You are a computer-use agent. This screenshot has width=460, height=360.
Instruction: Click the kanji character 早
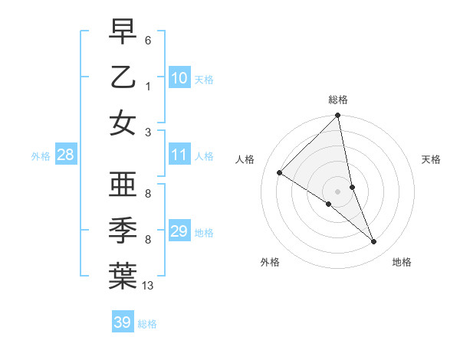pyautogui.click(x=123, y=32)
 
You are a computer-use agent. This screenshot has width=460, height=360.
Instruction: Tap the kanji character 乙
pyautogui.click(x=123, y=77)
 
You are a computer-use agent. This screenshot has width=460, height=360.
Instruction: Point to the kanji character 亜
pyautogui.click(x=123, y=185)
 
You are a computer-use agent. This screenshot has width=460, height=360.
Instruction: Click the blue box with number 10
pyautogui.click(x=179, y=77)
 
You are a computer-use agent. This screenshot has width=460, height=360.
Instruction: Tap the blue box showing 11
pyautogui.click(x=179, y=155)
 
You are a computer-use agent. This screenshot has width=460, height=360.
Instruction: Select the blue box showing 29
pyautogui.click(x=179, y=231)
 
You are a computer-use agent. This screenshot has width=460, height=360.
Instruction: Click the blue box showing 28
pyautogui.click(x=66, y=155)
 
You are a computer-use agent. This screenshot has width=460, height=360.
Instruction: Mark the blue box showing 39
pyautogui.click(x=123, y=322)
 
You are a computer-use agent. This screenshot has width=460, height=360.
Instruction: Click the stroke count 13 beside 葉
pyautogui.click(x=148, y=286)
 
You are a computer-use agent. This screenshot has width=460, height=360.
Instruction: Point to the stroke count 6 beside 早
pyautogui.click(x=148, y=40)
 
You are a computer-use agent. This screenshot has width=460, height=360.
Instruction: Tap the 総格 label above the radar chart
pyautogui.click(x=338, y=100)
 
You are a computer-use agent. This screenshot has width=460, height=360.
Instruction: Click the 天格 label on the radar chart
pyautogui.click(x=431, y=159)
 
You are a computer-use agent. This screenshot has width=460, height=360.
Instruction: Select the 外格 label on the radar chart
pyautogui.click(x=269, y=262)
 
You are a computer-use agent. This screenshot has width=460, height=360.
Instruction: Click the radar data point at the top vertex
pyautogui.click(x=338, y=116)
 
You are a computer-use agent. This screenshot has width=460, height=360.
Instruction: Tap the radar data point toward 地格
pyautogui.click(x=374, y=242)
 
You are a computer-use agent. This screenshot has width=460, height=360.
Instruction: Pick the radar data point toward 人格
pyautogui.click(x=280, y=172)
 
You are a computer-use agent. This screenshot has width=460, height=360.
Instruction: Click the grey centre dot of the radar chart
pyautogui.click(x=338, y=191)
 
